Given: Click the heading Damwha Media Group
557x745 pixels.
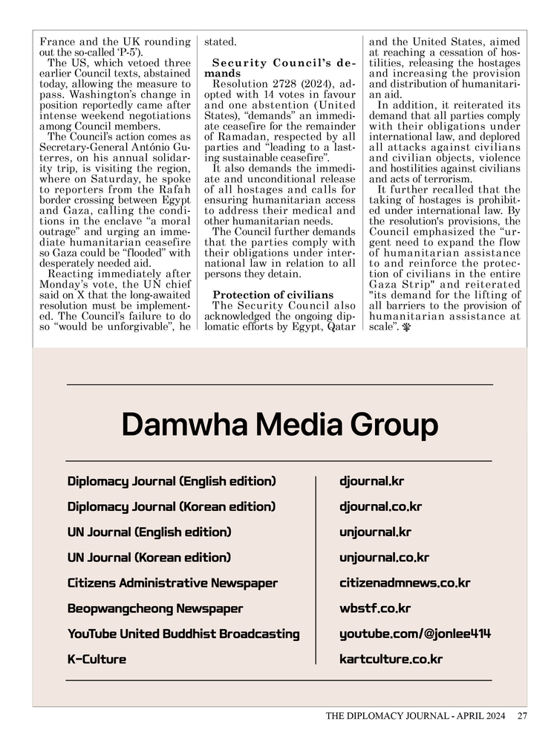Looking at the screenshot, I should [279, 425].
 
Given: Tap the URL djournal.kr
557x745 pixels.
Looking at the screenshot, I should [371, 481].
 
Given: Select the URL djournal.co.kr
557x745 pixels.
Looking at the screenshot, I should [380, 507].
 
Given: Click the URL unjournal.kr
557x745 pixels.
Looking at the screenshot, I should [375, 532].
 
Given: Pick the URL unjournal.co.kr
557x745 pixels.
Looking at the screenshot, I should [384, 558].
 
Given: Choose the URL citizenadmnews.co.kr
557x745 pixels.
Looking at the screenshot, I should [405, 583].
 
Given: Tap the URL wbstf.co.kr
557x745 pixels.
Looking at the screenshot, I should [375, 608].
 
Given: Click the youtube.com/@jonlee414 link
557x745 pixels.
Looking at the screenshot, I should [415, 633].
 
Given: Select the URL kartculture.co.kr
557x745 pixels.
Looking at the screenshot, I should [391, 659].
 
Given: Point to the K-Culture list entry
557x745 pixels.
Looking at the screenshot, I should [97, 659].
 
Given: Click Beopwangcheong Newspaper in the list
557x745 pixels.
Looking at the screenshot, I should [155, 608].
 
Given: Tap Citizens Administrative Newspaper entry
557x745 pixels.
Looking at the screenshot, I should [172, 583].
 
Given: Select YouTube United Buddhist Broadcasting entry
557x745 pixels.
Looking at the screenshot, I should [183, 633].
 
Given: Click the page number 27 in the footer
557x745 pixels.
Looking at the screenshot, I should [522, 717].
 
